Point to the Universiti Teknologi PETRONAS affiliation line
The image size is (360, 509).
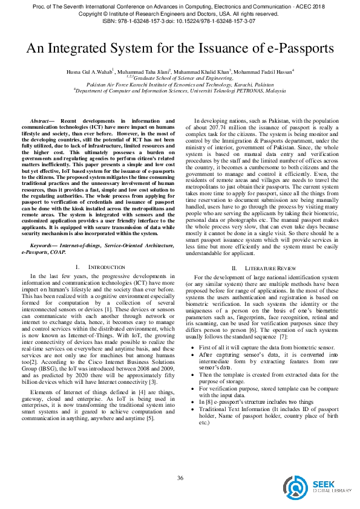[180, 91]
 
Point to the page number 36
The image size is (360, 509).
[180, 478]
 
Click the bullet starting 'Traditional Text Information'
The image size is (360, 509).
[266, 409]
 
